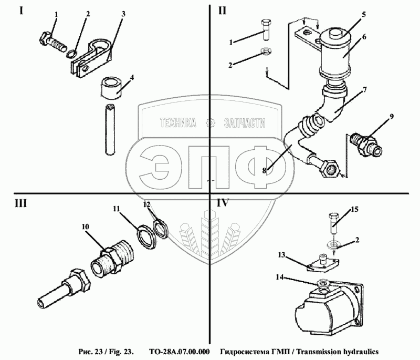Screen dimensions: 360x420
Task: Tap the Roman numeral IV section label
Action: pos(223,202)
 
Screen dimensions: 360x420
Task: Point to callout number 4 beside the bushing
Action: pos(132,77)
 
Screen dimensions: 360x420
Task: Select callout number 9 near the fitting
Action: pos(390,115)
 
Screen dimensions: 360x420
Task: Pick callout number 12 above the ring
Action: pos(146,203)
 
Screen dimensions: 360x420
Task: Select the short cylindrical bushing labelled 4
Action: pos(111,87)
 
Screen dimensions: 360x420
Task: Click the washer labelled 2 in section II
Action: pos(267,53)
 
